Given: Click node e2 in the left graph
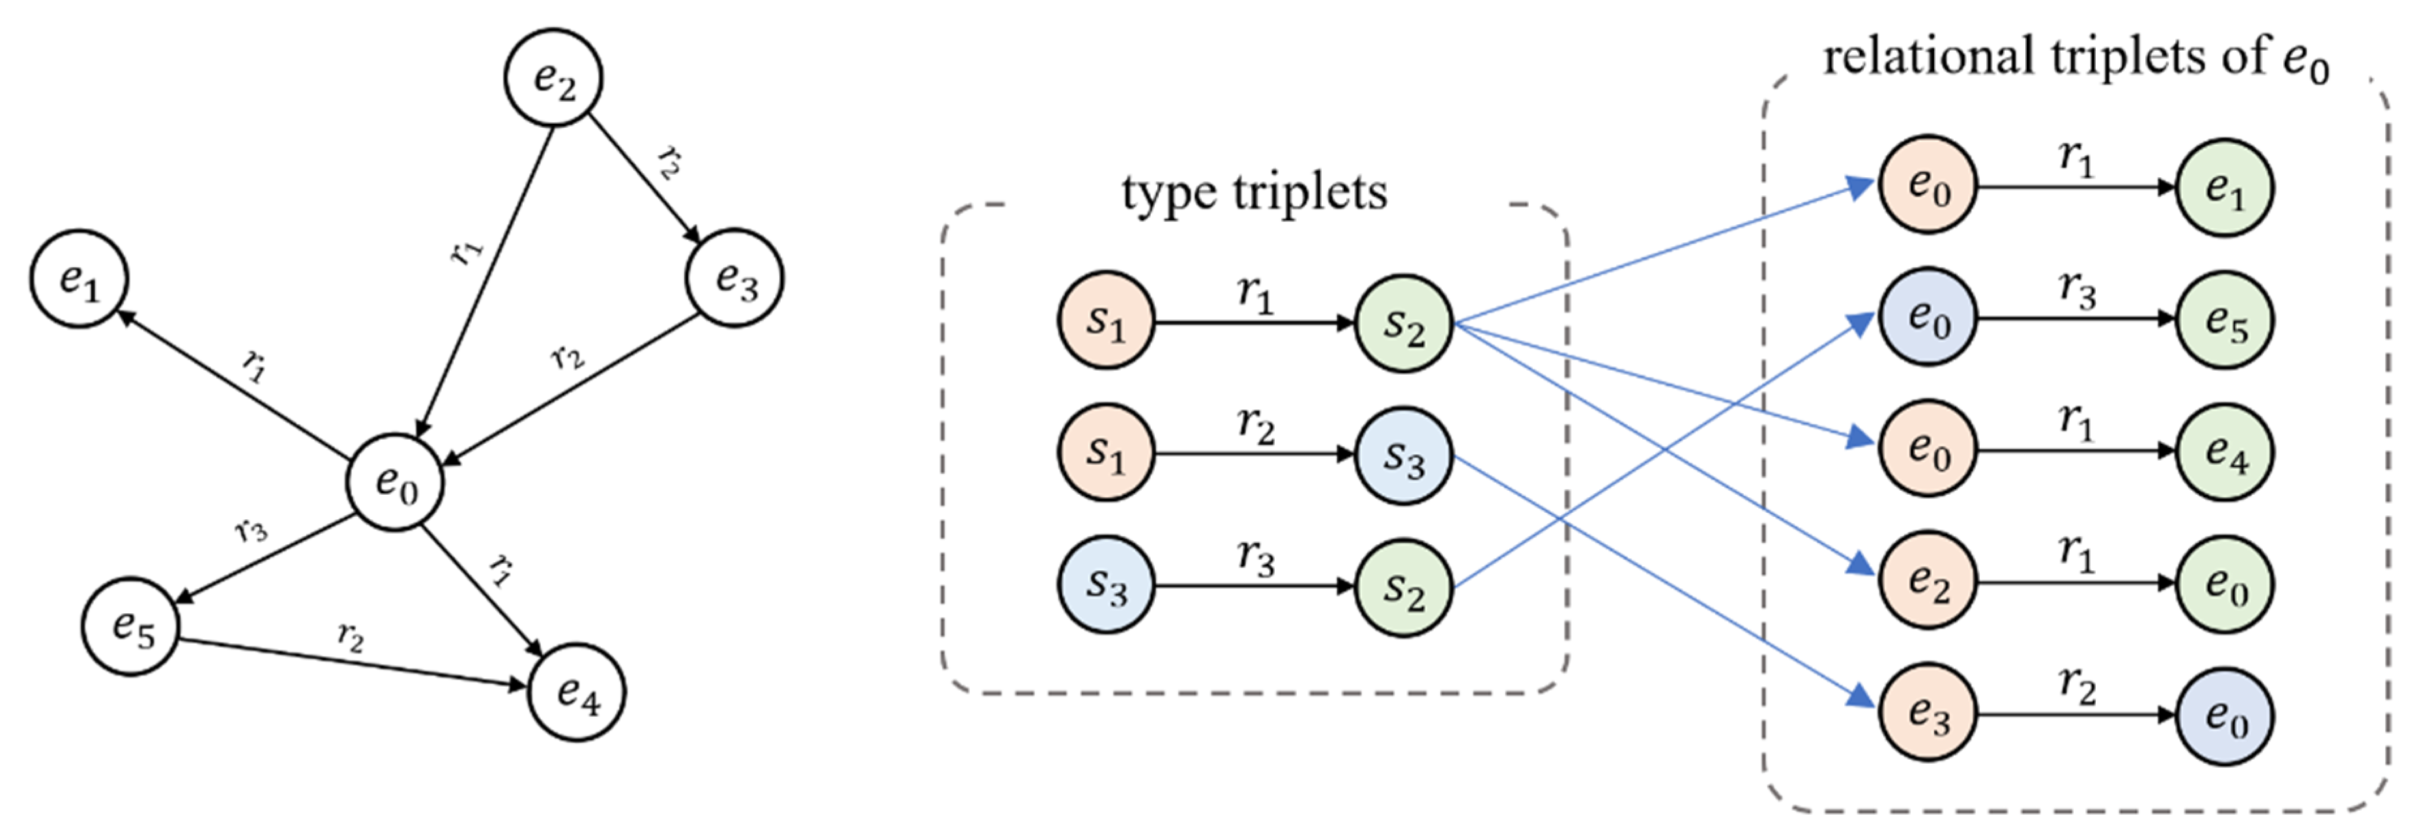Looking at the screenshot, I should [553, 79].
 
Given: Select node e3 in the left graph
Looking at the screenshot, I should [734, 278].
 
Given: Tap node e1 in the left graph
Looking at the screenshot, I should [79, 279].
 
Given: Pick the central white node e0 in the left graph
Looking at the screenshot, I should [396, 482].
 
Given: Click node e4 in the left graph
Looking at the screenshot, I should [577, 693].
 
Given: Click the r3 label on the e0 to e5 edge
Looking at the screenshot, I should [251, 531].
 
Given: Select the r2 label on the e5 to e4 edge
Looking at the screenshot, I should [350, 638].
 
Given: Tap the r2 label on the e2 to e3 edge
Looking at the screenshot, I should [669, 161].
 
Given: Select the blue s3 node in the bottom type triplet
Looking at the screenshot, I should [1106, 586].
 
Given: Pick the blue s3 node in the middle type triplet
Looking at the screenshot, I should [1403, 455].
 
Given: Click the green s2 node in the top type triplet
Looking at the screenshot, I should [1403, 324].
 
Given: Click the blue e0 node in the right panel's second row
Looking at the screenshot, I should [1928, 317].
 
